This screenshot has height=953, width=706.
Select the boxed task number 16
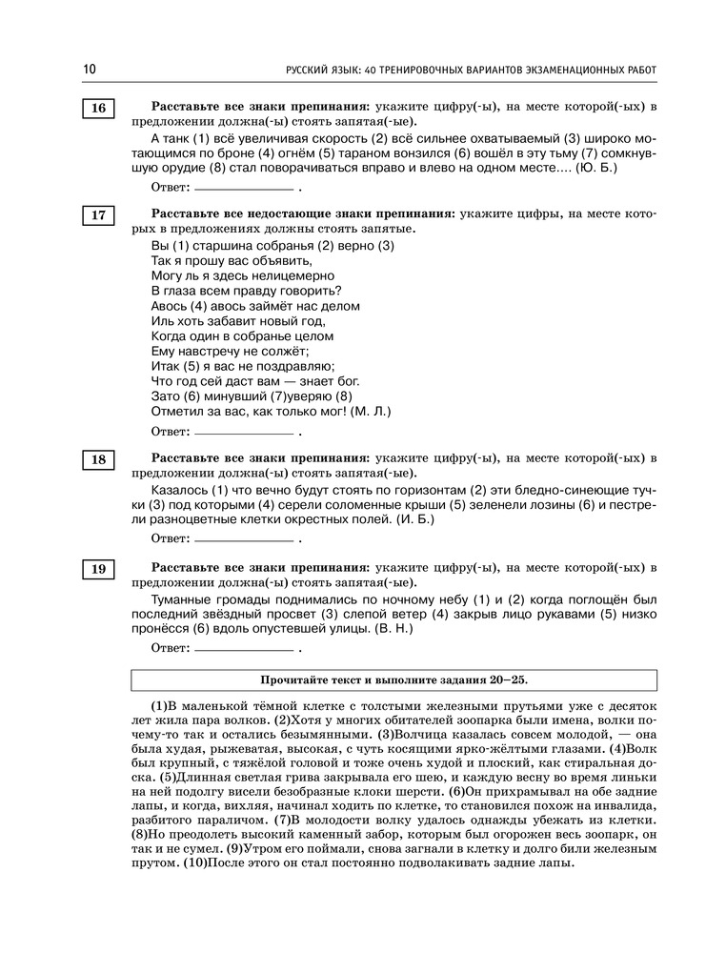[98, 109]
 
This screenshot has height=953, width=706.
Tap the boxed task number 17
[98, 215]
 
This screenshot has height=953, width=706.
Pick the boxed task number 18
[98, 460]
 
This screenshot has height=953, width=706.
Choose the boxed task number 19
[98, 569]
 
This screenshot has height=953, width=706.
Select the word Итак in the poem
[165, 366]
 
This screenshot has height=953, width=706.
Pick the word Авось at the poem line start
[169, 306]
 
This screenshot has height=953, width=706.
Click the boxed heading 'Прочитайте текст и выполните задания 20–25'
[393, 679]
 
